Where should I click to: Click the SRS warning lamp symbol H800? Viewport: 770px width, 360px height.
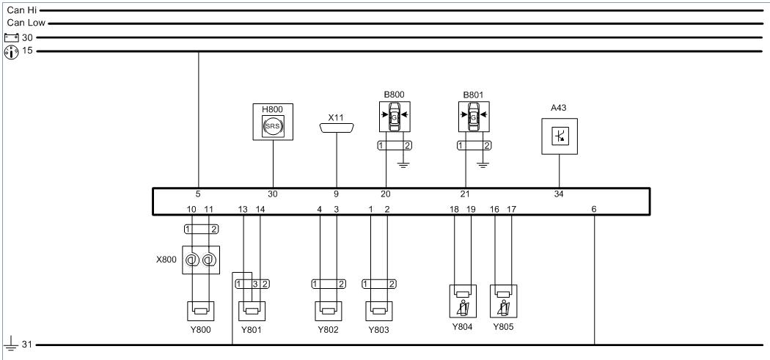pyautogui.click(x=273, y=126)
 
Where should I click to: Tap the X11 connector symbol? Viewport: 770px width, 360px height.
pyautogui.click(x=337, y=128)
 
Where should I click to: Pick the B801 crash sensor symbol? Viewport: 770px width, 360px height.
pyautogui.click(x=474, y=117)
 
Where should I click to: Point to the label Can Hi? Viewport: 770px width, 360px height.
pyautogui.click(x=21, y=10)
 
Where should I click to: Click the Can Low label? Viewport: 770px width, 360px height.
pyautogui.click(x=26, y=23)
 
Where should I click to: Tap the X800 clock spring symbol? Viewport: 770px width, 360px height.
pyautogui.click(x=200, y=260)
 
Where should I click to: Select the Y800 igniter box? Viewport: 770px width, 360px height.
pyautogui.click(x=200, y=310)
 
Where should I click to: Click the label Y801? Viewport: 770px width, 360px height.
pyautogui.click(x=251, y=329)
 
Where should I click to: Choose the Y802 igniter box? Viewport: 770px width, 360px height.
pyautogui.click(x=329, y=310)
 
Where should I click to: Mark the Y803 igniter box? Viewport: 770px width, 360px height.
pyautogui.click(x=379, y=310)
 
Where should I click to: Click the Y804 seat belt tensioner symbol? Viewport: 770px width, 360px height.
pyautogui.click(x=463, y=301)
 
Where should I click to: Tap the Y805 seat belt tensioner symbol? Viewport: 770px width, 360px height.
pyautogui.click(x=504, y=301)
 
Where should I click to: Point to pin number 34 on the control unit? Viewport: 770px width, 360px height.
pyautogui.click(x=560, y=194)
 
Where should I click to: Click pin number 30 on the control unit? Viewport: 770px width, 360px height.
pyautogui.click(x=273, y=194)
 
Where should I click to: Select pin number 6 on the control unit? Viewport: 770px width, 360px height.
pyautogui.click(x=594, y=209)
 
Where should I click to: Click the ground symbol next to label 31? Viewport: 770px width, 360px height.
pyautogui.click(x=9, y=345)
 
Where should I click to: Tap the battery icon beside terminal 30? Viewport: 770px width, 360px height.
pyautogui.click(x=11, y=37)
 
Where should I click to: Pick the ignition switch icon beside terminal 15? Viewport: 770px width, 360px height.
pyautogui.click(x=11, y=52)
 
